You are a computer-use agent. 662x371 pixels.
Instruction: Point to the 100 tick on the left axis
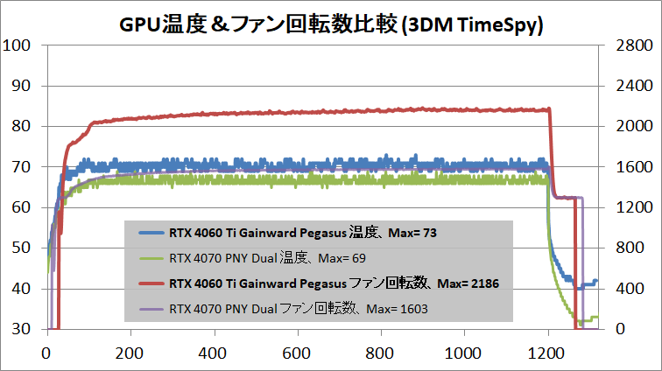point(18,45)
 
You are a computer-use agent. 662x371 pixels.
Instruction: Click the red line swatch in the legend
point(152,283)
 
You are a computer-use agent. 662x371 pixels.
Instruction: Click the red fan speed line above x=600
point(297,112)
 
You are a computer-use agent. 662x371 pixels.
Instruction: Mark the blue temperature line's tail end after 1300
point(595,282)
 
